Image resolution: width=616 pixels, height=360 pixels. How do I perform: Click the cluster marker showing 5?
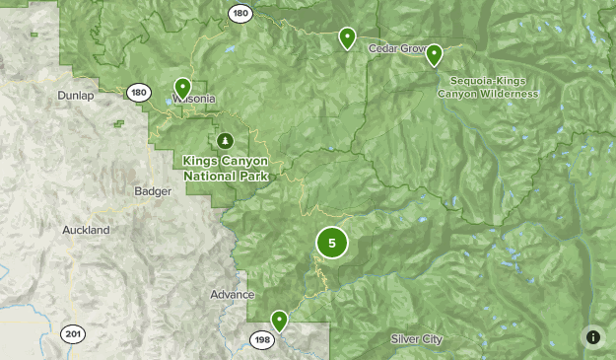[332, 243]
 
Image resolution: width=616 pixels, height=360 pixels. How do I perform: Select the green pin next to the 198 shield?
[280, 321]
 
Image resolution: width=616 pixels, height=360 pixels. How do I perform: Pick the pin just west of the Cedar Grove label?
[347, 37]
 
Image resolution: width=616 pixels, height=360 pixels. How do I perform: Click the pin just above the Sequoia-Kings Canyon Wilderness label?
[434, 55]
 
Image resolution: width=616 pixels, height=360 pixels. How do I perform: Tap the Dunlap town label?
[76, 96]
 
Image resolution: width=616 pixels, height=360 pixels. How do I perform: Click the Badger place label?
[152, 191]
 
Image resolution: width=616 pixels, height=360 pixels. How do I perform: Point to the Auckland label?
[85, 230]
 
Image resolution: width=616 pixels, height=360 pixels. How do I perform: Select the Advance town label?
[232, 295]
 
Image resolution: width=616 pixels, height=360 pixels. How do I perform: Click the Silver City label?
[416, 339]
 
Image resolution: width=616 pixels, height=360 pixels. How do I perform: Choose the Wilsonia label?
[193, 99]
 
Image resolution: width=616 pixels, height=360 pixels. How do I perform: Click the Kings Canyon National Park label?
[226, 168]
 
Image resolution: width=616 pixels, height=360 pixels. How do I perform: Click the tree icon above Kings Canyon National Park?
[226, 141]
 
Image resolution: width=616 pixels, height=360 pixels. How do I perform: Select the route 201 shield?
[72, 332]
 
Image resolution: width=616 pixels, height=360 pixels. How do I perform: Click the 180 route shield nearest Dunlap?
[138, 93]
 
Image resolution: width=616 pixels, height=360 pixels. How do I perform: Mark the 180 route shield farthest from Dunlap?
[240, 13]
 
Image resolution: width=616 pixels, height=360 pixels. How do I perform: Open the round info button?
[593, 337]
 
